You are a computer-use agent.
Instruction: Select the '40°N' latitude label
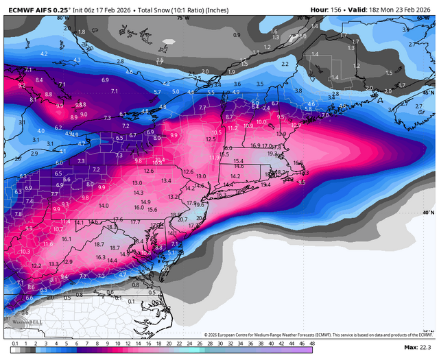click(429, 213)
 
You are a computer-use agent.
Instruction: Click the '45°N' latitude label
click(429, 93)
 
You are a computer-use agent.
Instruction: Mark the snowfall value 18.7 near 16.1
click(99, 245)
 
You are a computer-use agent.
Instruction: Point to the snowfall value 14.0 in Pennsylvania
click(104, 206)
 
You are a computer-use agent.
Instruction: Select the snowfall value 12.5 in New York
click(211, 139)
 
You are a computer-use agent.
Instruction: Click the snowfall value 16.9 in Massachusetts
click(255, 145)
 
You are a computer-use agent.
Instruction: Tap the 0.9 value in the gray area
click(237, 34)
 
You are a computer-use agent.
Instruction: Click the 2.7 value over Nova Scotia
click(418, 106)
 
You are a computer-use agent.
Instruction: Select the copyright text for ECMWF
click(319, 335)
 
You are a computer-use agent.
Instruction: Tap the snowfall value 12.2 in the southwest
click(36, 265)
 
